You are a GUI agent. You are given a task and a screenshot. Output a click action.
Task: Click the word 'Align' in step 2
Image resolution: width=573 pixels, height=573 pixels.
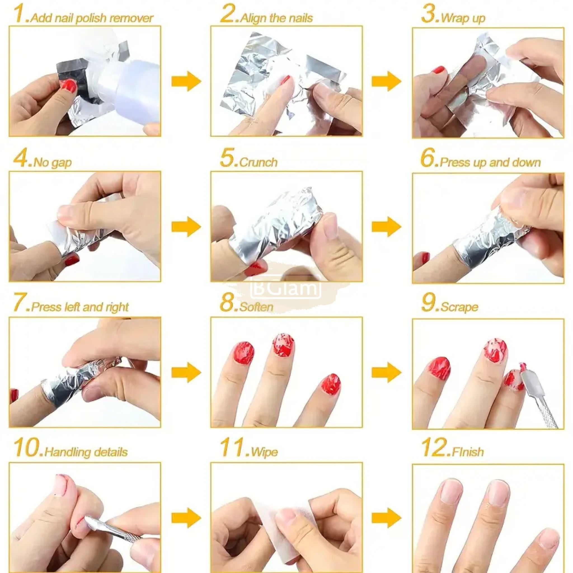point(252,18)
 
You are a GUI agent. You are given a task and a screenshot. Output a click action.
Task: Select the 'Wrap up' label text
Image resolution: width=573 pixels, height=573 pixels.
point(463,18)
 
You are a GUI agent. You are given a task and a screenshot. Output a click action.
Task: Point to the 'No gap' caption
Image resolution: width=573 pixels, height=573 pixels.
point(53,163)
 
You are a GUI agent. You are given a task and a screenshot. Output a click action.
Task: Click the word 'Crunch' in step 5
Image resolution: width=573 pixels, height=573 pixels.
point(258,163)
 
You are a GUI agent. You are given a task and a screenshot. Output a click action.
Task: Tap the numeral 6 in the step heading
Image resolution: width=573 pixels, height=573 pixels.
point(428,159)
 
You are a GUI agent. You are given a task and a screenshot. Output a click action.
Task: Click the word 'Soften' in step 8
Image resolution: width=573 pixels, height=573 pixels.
point(256,307)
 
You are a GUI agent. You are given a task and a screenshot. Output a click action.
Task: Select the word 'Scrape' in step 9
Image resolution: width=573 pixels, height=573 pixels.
point(459,307)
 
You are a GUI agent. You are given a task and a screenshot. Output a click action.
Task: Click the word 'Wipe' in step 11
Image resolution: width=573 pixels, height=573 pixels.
point(264,452)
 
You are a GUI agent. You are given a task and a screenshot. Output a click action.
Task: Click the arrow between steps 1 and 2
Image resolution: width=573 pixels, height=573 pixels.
point(186,81)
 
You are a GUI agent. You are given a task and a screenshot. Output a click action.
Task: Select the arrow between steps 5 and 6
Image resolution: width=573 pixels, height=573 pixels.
point(386,226)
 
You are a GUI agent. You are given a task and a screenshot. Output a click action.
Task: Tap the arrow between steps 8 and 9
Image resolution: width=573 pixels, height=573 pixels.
point(386,372)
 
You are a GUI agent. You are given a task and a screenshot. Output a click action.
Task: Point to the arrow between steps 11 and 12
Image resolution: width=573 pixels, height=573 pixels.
point(386,518)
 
